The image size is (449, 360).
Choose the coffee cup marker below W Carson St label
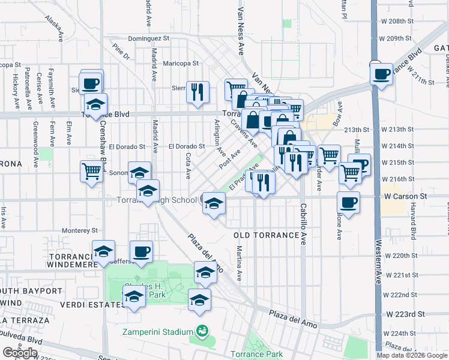348,202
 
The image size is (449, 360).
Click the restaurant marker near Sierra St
198,92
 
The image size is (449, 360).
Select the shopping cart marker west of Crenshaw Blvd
91,172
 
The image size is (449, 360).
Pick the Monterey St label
80,230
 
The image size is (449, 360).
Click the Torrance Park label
257,354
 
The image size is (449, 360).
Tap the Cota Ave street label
188,166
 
